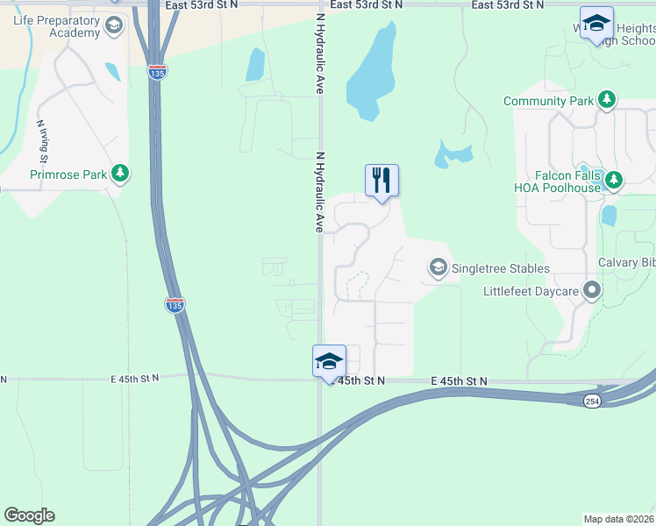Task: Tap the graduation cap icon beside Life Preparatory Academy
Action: point(113,27)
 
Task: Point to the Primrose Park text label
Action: point(68,174)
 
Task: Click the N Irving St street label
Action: point(41,140)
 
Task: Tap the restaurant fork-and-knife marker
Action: point(381,181)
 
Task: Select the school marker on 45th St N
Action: point(329,361)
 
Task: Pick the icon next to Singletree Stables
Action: point(438,267)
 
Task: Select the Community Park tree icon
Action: point(607,101)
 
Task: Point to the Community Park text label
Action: point(549,102)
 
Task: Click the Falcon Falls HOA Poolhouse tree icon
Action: point(614,181)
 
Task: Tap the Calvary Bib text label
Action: point(626,263)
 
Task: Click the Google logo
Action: point(29,515)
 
